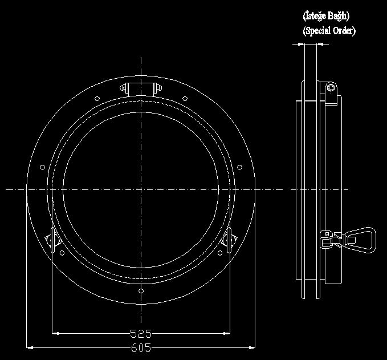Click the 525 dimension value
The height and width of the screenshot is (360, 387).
coord(141,334)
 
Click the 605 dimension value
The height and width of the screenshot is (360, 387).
coord(141,348)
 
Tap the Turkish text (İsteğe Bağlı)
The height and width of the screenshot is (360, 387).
coord(326,16)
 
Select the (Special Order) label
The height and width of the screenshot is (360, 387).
coord(329,31)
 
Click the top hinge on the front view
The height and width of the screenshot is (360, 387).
coord(141,88)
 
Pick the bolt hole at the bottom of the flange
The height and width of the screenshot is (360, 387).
coord(141,291)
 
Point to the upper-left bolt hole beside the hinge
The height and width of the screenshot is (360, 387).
coord(97,99)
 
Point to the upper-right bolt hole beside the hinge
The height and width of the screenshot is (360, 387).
coord(185,99)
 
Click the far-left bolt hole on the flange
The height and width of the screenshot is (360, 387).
coord(42,167)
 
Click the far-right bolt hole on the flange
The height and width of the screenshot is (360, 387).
coord(239,167)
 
